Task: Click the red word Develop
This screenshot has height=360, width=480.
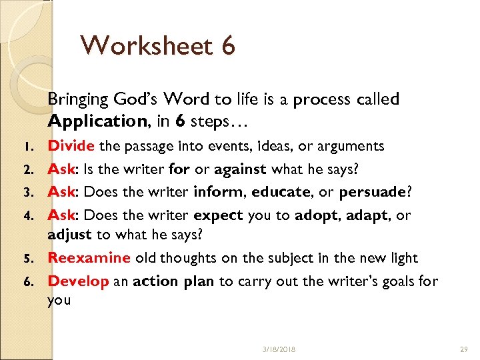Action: click(x=78, y=281)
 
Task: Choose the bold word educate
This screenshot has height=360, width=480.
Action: click(x=281, y=192)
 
